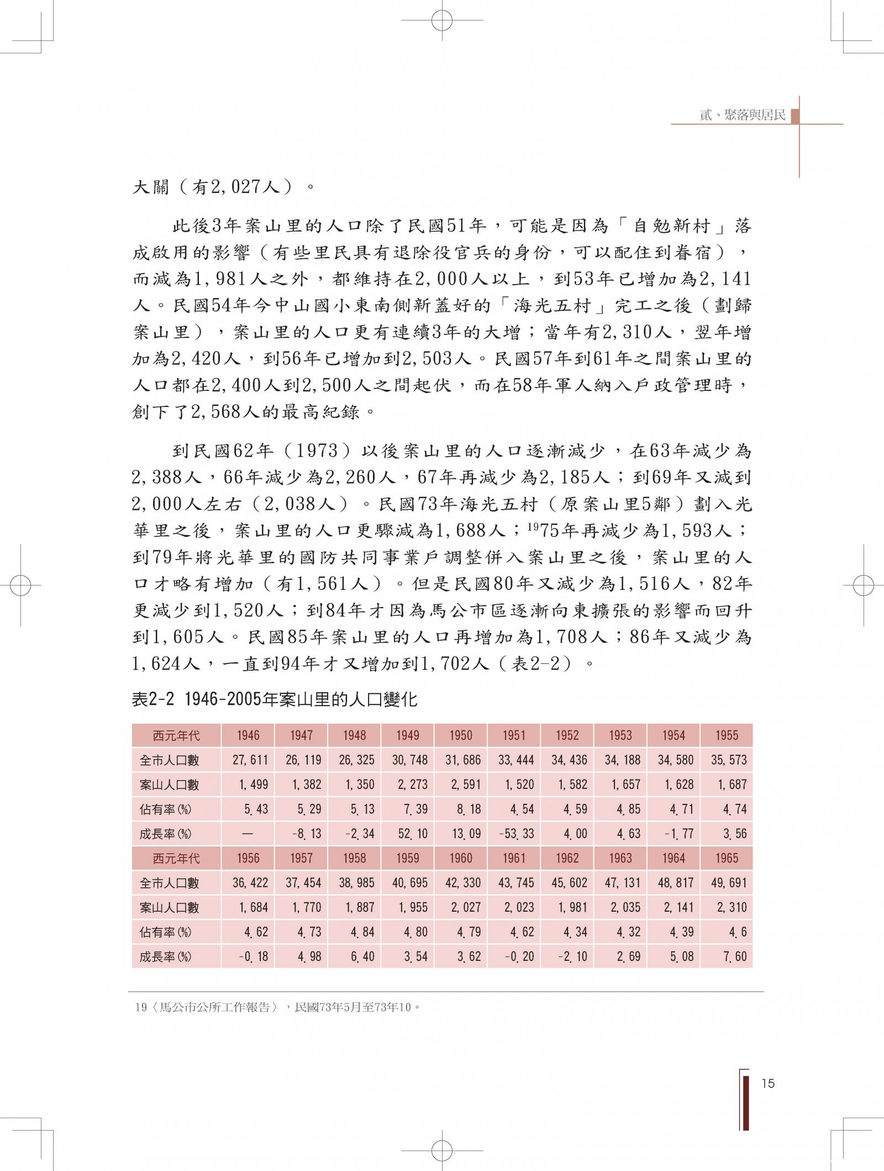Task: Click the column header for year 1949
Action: (x=407, y=735)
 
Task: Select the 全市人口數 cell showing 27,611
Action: (x=250, y=760)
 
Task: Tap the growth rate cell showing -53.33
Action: (x=515, y=834)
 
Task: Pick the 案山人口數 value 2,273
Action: (x=409, y=785)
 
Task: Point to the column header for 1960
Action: (x=460, y=858)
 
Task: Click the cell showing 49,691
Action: (x=729, y=883)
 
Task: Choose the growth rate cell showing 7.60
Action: (x=734, y=956)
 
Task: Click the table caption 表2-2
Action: (x=153, y=700)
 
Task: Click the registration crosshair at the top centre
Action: (x=442, y=20)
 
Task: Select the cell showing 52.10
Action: (x=409, y=834)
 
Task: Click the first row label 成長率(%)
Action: (x=165, y=834)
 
